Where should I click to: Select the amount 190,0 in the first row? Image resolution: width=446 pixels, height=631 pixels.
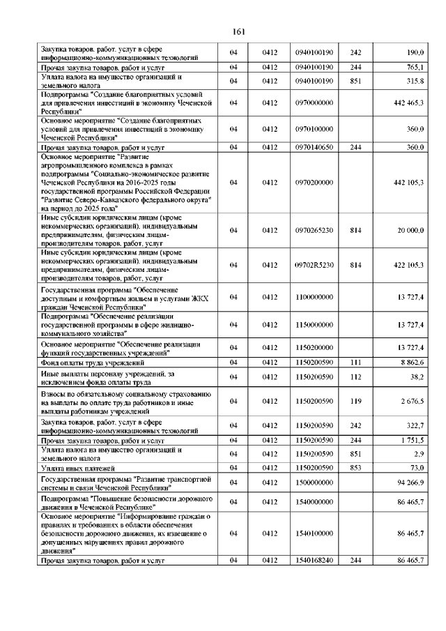415,52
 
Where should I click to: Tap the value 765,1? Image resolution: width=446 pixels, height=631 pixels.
415,67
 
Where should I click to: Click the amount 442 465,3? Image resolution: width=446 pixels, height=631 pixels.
408,102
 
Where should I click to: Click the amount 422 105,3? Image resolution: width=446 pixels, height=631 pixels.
408,265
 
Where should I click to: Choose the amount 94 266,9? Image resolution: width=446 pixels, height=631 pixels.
410,482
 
